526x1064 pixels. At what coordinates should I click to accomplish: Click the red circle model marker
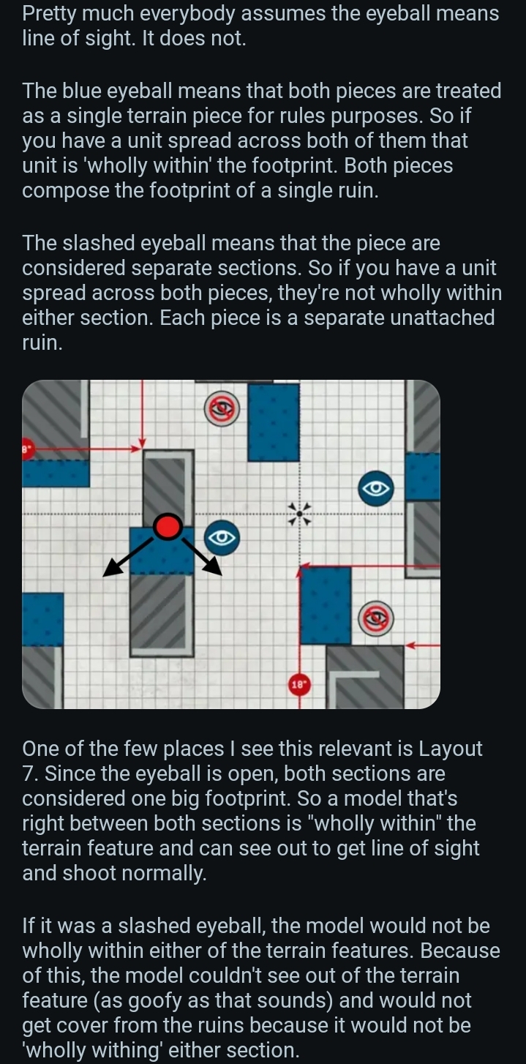point(168,527)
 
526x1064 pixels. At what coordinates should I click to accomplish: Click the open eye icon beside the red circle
point(222,538)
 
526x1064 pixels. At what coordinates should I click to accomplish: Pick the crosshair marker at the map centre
point(299,514)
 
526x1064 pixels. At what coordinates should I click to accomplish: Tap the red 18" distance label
point(299,684)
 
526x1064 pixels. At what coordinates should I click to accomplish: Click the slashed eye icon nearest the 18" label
point(375,618)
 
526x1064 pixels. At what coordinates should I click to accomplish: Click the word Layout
point(450,749)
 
